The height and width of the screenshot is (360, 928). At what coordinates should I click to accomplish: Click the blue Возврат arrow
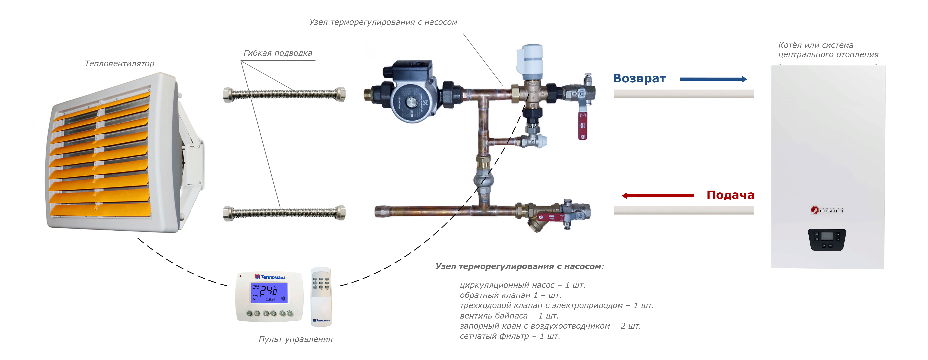pyautogui.click(x=713, y=79)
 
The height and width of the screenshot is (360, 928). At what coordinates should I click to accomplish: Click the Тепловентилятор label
pyautogui.click(x=119, y=64)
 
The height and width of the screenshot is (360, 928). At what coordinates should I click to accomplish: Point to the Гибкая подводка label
pyautogui.click(x=278, y=53)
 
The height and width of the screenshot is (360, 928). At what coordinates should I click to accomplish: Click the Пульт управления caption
pyautogui.click(x=295, y=339)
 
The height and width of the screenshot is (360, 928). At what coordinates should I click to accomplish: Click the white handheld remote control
pyautogui.click(x=321, y=296)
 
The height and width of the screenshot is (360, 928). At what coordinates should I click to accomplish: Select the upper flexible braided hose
pyautogui.click(x=284, y=94)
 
